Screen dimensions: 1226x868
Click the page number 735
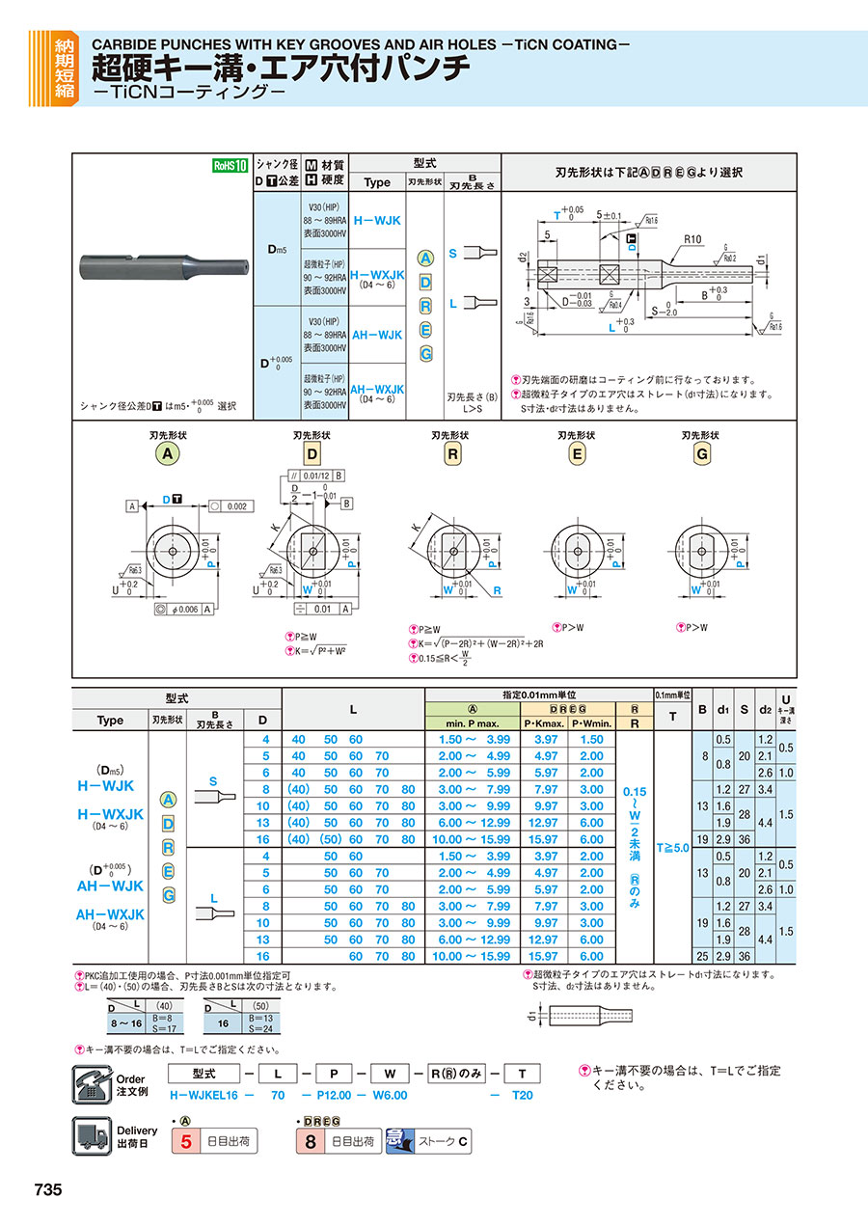pos(48,1190)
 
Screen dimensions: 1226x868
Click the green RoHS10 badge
pos(231,165)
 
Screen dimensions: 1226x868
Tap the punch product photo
pos(163,262)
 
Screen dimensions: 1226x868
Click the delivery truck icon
pos(92,1136)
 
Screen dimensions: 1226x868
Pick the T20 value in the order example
pos(522,1095)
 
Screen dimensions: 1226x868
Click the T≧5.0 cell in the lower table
pos(672,848)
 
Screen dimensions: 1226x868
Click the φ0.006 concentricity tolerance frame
pos(182,609)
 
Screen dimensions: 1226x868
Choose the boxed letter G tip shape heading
pos(702,454)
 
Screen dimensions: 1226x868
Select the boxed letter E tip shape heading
pos(577,454)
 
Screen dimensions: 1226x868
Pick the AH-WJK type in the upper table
pos(377,335)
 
